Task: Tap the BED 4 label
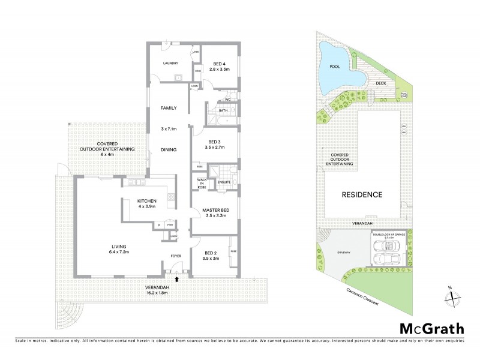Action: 216,64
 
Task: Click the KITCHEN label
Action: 146,200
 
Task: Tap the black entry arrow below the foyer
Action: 176,279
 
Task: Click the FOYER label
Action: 177,255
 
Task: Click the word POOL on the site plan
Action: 334,68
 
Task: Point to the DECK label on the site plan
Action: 380,83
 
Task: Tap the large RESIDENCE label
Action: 362,194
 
